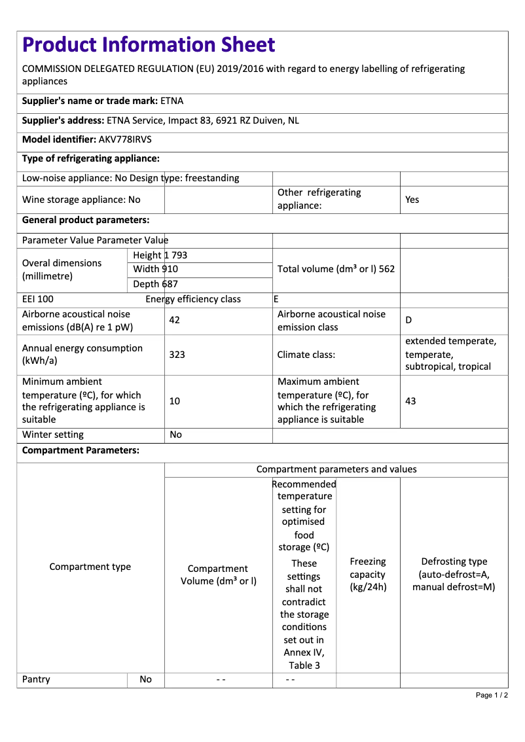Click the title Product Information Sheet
click(x=149, y=44)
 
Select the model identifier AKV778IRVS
click(x=125, y=139)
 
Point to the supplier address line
click(x=160, y=120)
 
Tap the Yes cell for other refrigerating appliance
click(x=412, y=200)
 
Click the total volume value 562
click(x=386, y=269)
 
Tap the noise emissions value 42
click(x=174, y=320)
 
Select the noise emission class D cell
click(x=408, y=320)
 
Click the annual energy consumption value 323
click(x=177, y=354)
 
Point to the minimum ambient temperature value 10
click(x=174, y=400)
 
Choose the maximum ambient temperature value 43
click(x=410, y=400)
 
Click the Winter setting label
click(x=53, y=434)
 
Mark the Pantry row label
click(x=36, y=679)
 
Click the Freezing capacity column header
click(x=368, y=574)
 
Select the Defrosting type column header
click(x=454, y=574)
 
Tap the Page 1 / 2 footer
click(x=492, y=695)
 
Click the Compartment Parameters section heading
click(x=81, y=450)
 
